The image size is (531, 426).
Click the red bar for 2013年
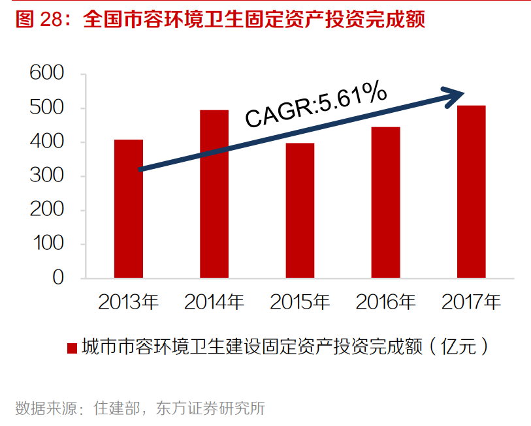pos(128,209)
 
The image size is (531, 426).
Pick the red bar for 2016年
pos(385,202)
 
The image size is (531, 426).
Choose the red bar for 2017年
pos(471,192)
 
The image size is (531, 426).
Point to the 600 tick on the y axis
pos(47,74)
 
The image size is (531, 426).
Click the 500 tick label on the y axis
pos(47,108)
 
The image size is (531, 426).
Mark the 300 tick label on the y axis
pos(47,176)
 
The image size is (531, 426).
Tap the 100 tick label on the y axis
pos(47,244)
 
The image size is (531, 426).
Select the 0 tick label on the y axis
pos(58,278)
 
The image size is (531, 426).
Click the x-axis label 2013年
pos(129,302)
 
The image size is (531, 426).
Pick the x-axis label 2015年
pos(300,302)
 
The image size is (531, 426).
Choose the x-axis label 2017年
pos(471,302)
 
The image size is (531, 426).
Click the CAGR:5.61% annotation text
pos(315,106)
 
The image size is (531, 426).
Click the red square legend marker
pos(72,347)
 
